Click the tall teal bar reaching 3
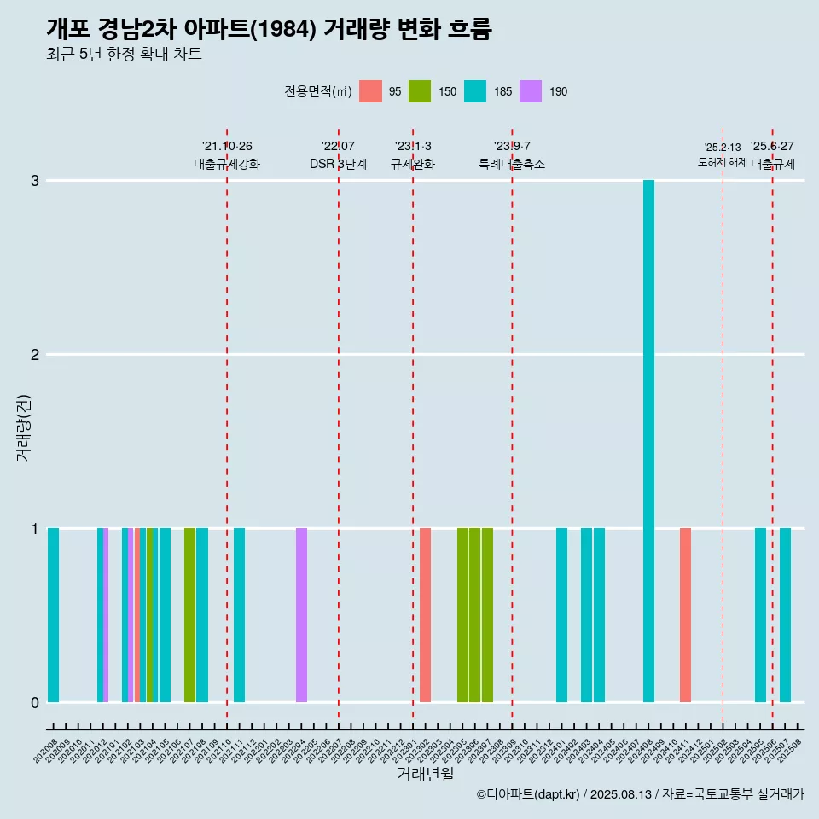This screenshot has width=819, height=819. coord(648,441)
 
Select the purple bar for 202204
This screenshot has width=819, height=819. coord(301,615)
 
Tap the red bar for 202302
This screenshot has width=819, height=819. coord(425,615)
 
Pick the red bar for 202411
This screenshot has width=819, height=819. coord(685,615)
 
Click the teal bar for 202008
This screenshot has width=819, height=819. coord(53,615)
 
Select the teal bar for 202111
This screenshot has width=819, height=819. coord(239,615)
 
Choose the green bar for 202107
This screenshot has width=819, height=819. coord(189,615)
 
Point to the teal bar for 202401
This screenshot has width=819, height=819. coord(561,615)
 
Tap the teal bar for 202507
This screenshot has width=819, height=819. coord(785,615)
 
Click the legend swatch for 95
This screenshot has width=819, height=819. coord(370,91)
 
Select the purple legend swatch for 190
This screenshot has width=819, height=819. coord(531,91)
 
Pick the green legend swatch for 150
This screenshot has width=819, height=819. coord(420,91)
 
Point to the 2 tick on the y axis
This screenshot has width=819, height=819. coord(35,354)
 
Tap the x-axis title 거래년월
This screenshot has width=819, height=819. coord(425,774)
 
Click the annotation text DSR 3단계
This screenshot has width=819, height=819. coord(338,164)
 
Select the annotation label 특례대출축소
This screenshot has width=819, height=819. coord(511,164)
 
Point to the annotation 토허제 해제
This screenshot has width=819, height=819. coord(722,162)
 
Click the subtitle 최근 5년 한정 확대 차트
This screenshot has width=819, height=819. coord(124,55)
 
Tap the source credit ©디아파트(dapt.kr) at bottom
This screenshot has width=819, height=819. coord(528,795)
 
